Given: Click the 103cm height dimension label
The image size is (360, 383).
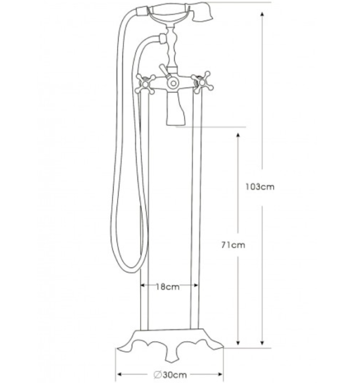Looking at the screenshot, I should click(x=260, y=187).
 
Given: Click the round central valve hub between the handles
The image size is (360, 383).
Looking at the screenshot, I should click(x=172, y=83).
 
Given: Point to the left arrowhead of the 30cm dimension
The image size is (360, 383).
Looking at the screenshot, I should click(x=120, y=375).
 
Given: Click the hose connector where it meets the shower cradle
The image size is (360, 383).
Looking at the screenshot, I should click(x=159, y=40).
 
